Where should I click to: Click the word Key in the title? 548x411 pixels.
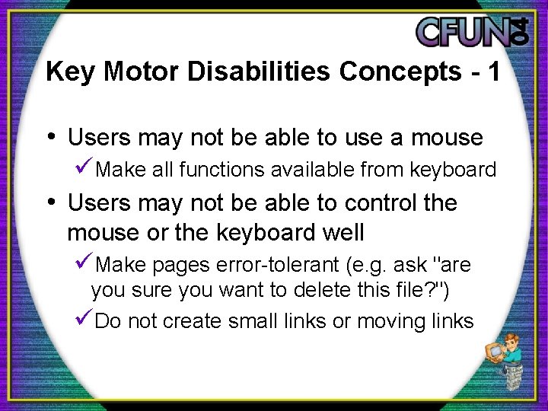[63, 72]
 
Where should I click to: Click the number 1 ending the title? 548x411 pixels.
[494, 72]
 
